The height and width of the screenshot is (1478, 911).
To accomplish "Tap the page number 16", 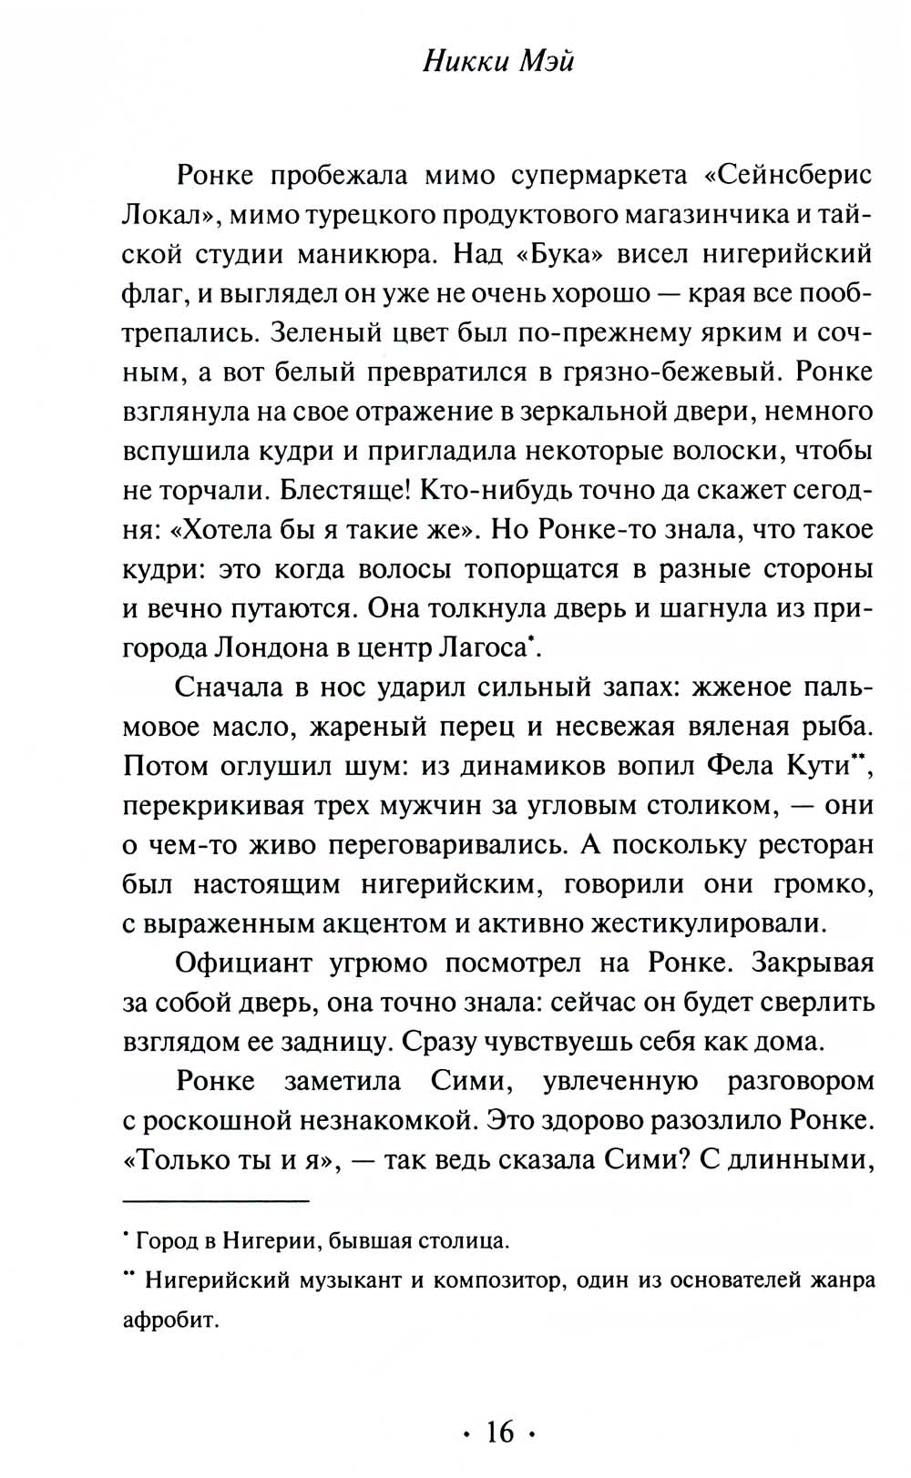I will tap(499, 1432).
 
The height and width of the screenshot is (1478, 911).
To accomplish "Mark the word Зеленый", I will tap(322, 332).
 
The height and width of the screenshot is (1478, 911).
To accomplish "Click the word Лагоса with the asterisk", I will tap(485, 648).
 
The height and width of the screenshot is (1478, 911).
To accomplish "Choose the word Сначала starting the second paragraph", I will tap(229, 688).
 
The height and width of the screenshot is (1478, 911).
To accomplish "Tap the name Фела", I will tap(739, 766).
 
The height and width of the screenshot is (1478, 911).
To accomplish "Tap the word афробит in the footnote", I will tap(171, 1320).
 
